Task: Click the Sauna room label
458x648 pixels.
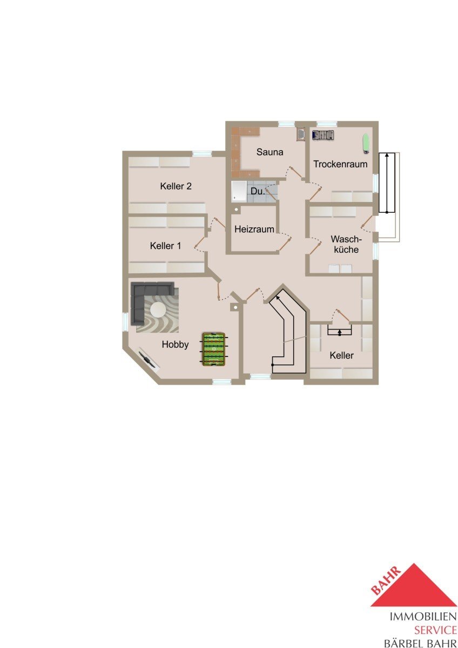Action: click(x=270, y=152)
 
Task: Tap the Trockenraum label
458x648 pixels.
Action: click(x=340, y=164)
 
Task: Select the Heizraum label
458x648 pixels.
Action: click(x=254, y=230)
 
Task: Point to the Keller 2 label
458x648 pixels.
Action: click(x=176, y=186)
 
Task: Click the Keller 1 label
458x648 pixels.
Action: click(x=165, y=246)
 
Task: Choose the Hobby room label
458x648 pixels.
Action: click(x=176, y=345)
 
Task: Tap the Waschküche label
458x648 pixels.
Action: click(x=346, y=245)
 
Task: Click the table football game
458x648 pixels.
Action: click(x=214, y=349)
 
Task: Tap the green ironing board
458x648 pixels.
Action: click(x=366, y=143)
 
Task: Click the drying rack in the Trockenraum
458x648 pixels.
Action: click(x=323, y=135)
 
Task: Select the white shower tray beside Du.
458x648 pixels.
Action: click(x=239, y=192)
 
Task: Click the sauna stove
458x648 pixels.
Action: click(x=301, y=135)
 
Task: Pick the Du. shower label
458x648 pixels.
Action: click(x=258, y=191)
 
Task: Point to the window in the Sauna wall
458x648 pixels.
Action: click(x=286, y=124)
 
